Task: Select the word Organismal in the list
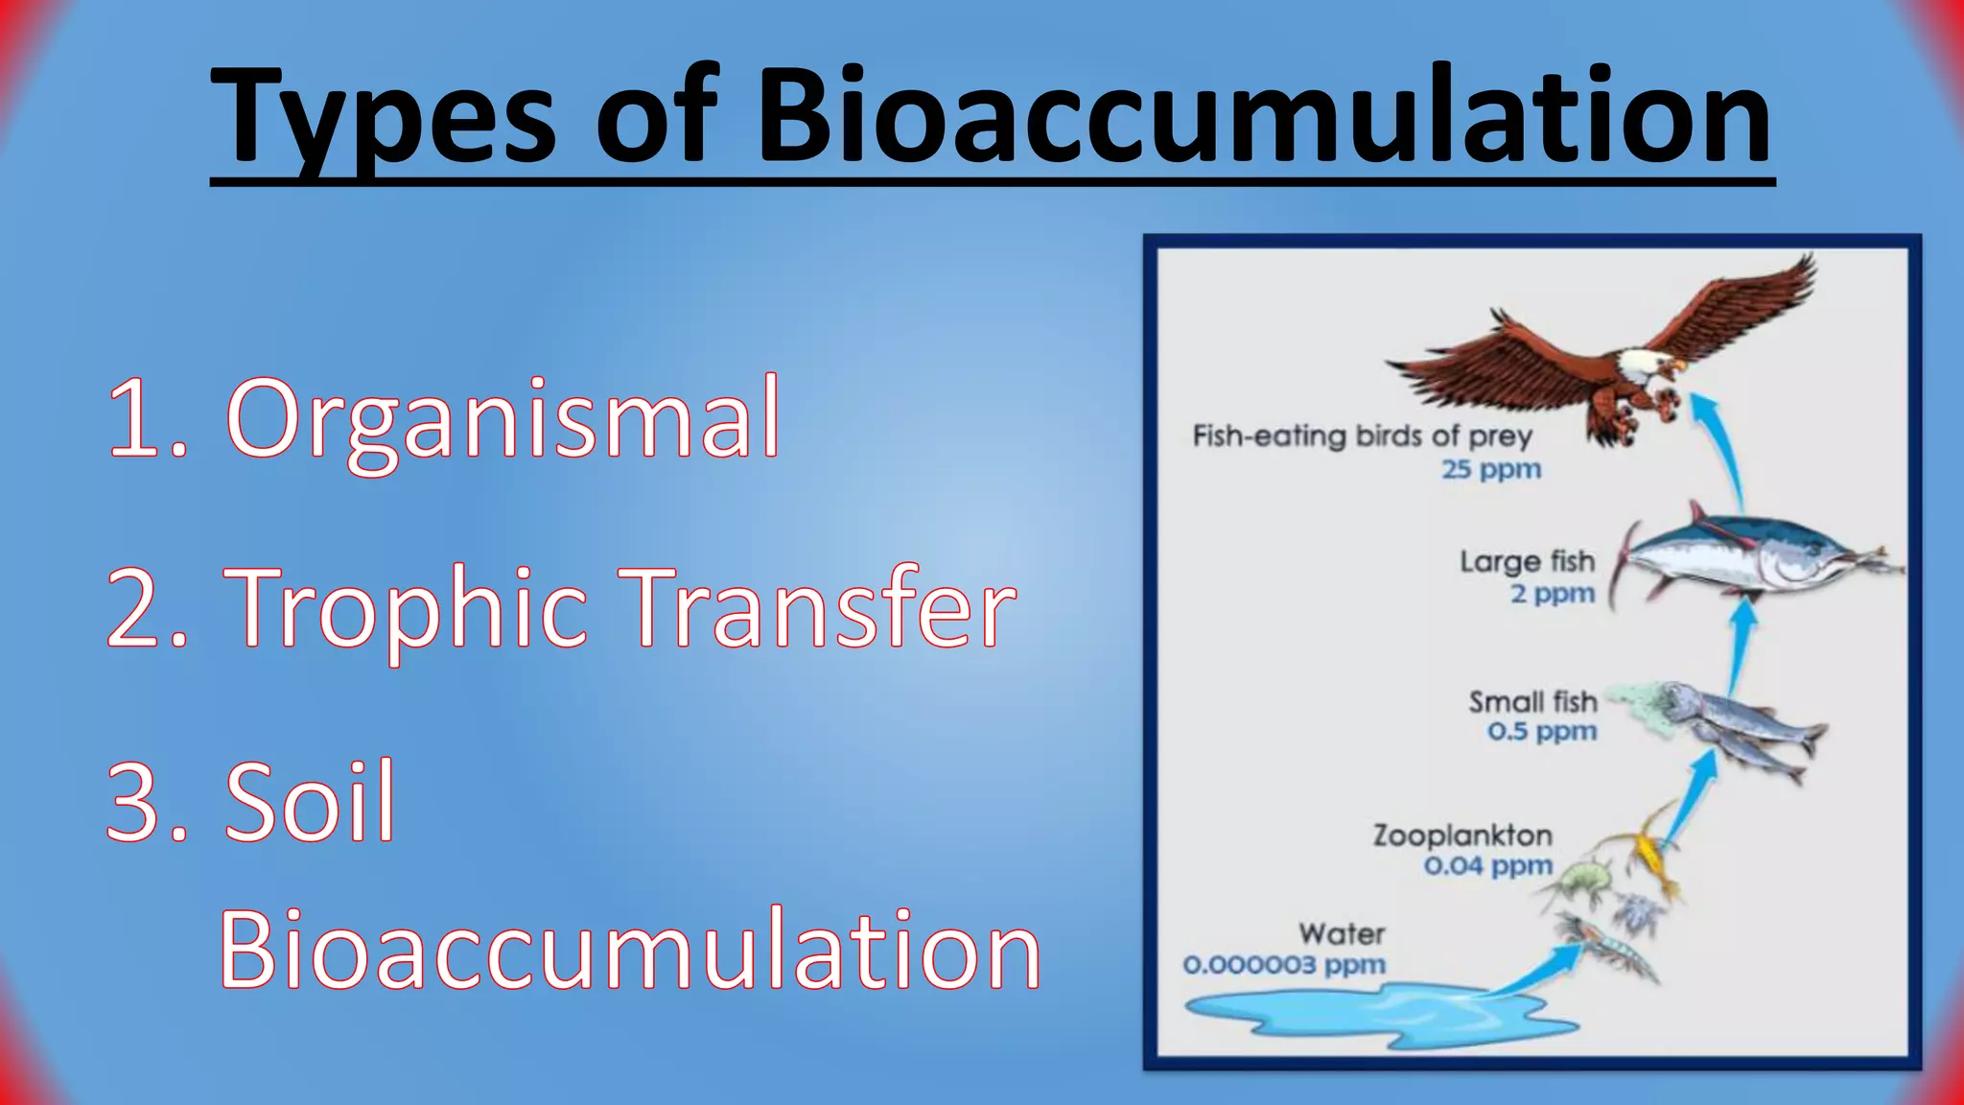tap(503, 419)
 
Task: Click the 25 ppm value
tap(1491, 470)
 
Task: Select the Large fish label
tap(1527, 561)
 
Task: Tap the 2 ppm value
tap(1552, 594)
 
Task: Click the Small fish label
tap(1532, 701)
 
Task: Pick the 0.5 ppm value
tap(1542, 732)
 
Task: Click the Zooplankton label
tap(1462, 835)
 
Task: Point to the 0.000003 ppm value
tap(1284, 965)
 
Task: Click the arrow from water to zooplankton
tap(1534, 969)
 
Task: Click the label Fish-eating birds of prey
tap(1362, 436)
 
